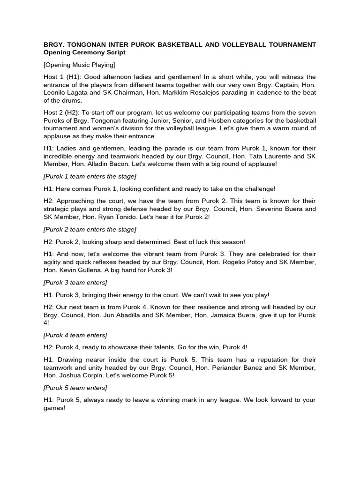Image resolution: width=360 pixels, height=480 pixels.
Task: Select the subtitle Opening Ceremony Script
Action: (x=84, y=52)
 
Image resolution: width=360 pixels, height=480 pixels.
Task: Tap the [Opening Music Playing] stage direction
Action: (x=79, y=65)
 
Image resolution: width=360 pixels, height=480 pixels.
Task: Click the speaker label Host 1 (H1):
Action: (x=62, y=77)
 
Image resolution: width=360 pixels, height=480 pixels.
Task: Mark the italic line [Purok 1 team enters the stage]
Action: (x=90, y=176)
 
